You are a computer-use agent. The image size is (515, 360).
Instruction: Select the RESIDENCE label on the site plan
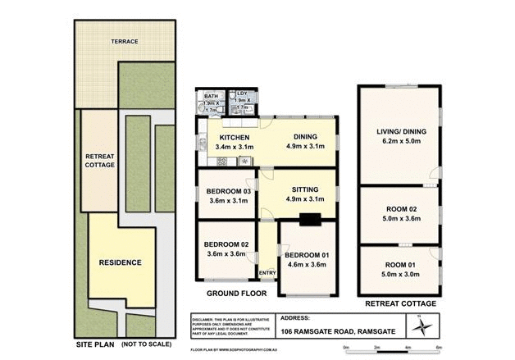(120, 262)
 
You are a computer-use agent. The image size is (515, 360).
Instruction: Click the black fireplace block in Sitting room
(310, 219)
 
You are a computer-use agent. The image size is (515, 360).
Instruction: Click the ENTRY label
(267, 273)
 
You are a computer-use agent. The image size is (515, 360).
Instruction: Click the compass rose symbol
(422, 327)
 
